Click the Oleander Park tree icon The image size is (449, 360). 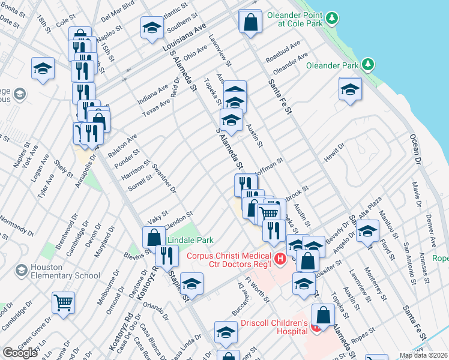pyautogui.click(x=368, y=65)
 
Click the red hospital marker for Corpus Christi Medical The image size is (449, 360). pyautogui.click(x=279, y=259)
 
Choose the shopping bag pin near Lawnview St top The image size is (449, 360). pyautogui.click(x=250, y=22)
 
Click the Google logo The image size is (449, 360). pyautogui.click(x=20, y=353)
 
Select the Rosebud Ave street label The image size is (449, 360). pyautogui.click(x=287, y=52)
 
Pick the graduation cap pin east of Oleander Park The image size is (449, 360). pyautogui.click(x=350, y=89)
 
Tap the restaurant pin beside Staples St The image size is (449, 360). pyautogui.click(x=166, y=256)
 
